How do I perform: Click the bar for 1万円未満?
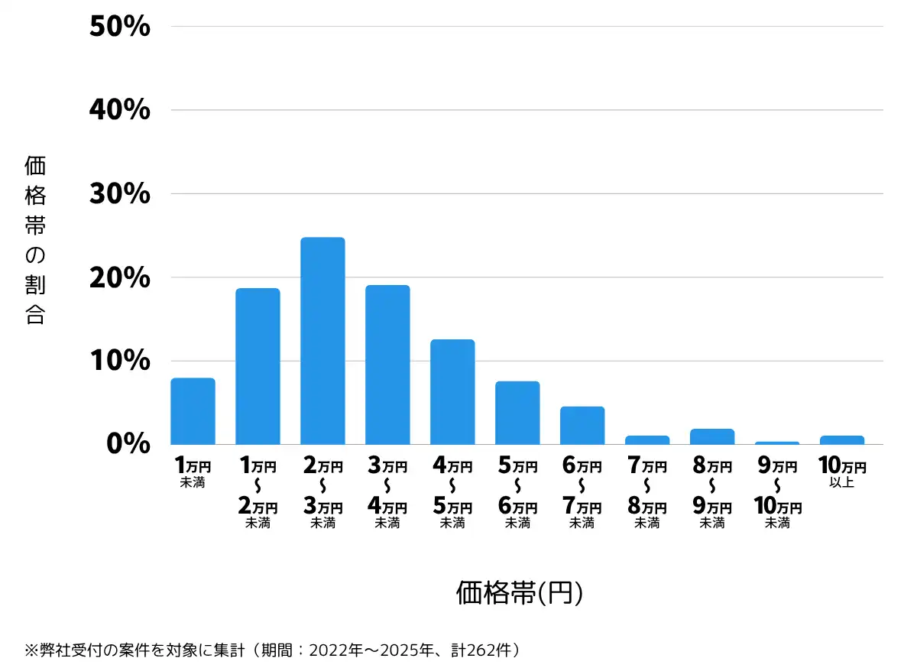pos(193,411)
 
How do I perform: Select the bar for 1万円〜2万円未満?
pos(258,366)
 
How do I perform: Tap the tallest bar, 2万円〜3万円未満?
pos(322,341)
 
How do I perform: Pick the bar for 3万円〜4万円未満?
pos(387,365)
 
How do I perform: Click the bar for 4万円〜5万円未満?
pos(452,392)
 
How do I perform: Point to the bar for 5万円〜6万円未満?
pos(517,413)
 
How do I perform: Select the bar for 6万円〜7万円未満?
pos(582,426)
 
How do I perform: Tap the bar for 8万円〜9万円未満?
pos(712,436)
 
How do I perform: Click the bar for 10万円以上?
pos(842,440)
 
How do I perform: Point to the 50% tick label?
pos(120,26)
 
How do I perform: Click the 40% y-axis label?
pos(120,110)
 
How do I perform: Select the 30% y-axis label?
pos(120,193)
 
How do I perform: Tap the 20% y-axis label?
pos(120,277)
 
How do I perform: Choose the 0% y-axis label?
pos(128,443)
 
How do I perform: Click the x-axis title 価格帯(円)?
pos(519,592)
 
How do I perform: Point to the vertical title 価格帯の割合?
pos(35,240)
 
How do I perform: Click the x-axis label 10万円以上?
pos(842,472)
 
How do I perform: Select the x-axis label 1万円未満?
pos(193,472)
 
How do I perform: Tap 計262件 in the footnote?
pos(481,650)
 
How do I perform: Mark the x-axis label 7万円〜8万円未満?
pos(646,492)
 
